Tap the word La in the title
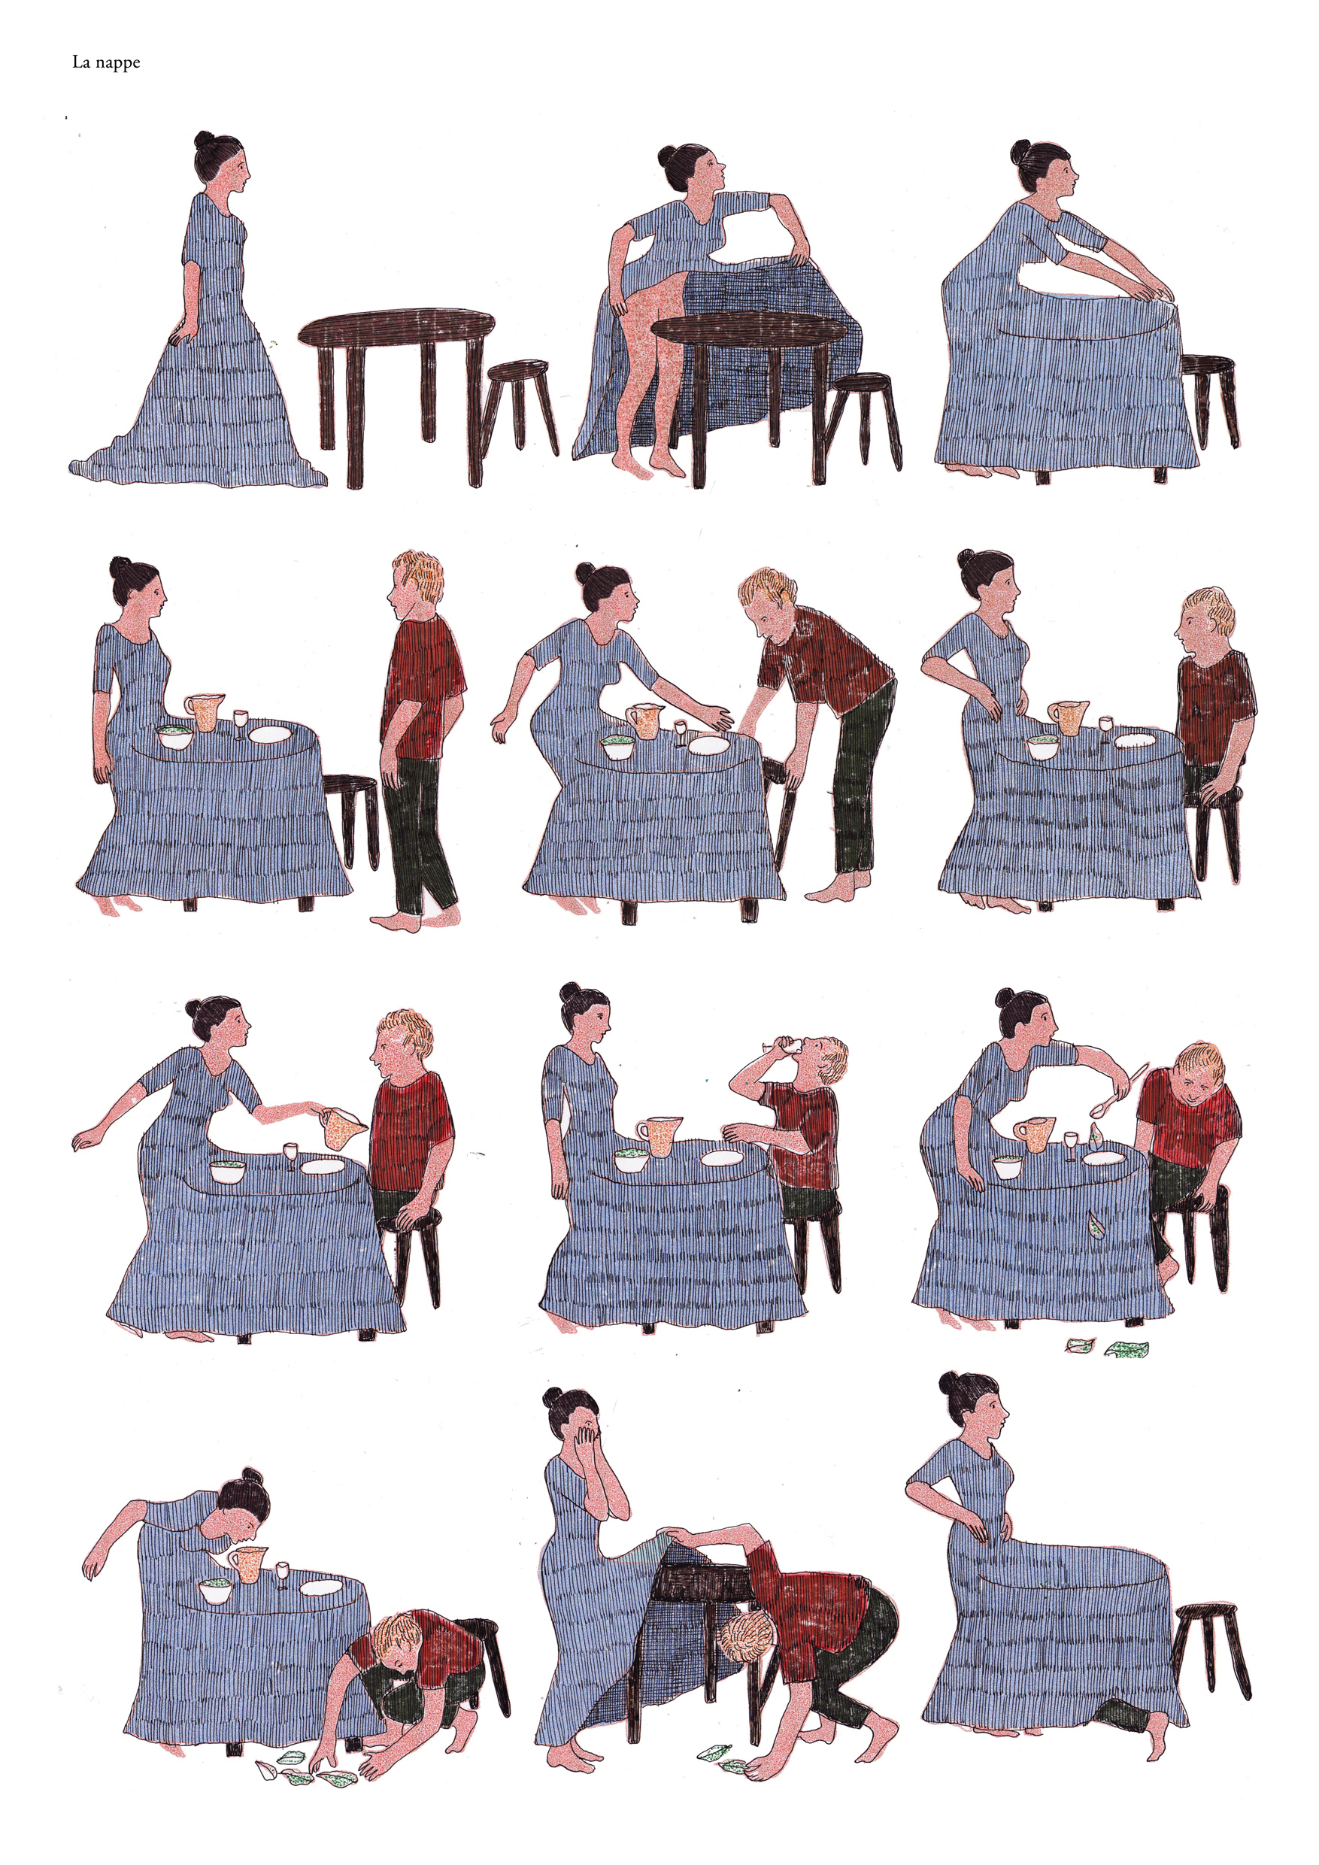[80, 62]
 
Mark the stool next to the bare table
[520, 406]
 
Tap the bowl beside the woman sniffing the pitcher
[216, 1591]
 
